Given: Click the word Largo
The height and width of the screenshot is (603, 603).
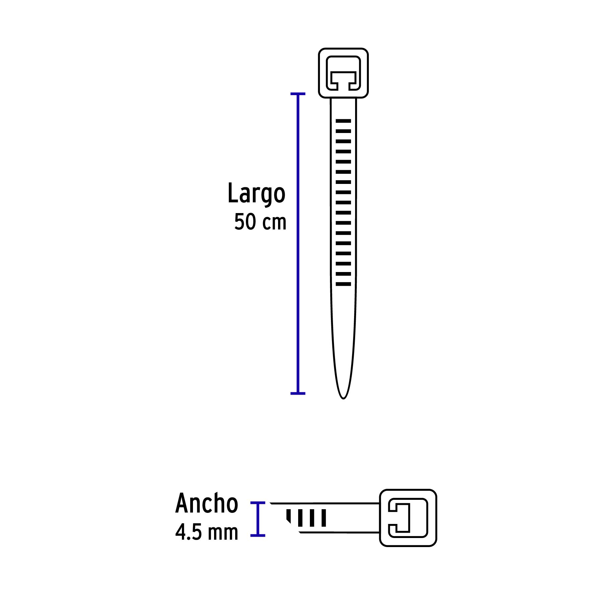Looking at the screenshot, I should coord(256,193).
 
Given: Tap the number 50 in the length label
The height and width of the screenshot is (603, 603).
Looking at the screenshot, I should coord(245,222).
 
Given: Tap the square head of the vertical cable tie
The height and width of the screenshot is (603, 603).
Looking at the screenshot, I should coord(343,73).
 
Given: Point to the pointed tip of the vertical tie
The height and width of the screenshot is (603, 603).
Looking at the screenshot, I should coord(343,397).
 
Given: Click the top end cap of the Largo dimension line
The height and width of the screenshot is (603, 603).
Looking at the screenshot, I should coord(298,94).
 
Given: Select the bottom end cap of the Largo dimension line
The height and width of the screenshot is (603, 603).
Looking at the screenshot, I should coord(298,393).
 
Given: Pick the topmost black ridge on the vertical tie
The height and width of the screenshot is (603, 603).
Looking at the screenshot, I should coord(343,121).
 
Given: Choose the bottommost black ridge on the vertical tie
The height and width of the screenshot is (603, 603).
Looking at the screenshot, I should coord(343,284).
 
